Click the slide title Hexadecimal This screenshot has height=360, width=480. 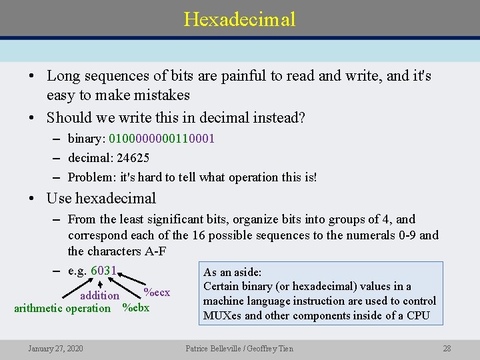(x=239, y=19)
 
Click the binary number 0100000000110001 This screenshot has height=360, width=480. (x=161, y=139)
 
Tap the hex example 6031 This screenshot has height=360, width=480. (x=103, y=271)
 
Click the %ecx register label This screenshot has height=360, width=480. (x=157, y=293)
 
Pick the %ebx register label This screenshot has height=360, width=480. (x=136, y=308)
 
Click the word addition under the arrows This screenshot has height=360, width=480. (x=99, y=295)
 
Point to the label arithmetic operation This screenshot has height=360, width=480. (x=63, y=308)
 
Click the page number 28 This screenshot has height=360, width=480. (x=447, y=349)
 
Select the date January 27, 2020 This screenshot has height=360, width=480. (x=55, y=349)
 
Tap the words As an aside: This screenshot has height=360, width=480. (x=233, y=272)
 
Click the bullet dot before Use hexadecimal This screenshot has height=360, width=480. (x=33, y=199)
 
